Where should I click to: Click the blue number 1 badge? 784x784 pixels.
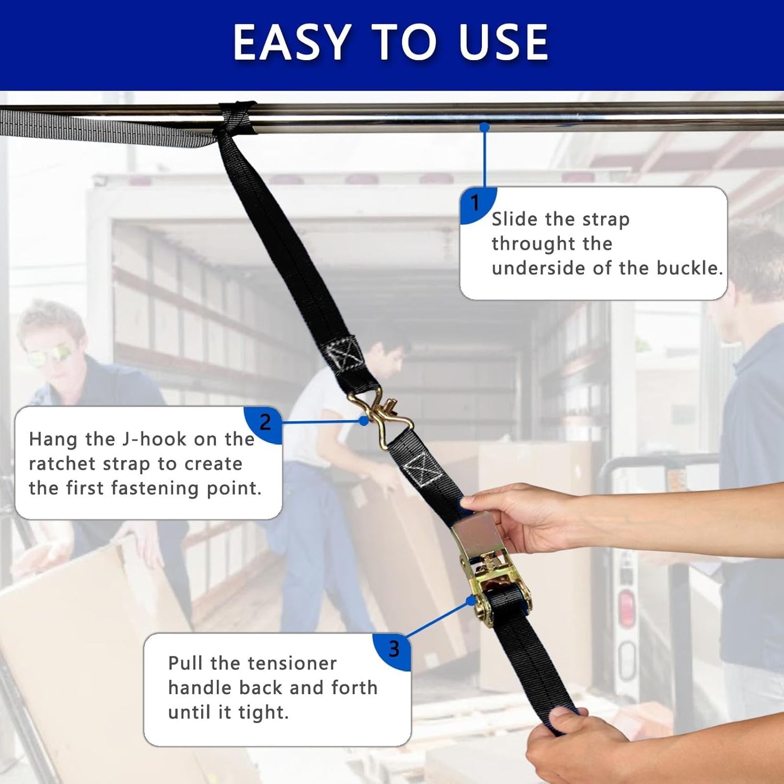pos(477,206)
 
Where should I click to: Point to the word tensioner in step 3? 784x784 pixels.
pos(292,664)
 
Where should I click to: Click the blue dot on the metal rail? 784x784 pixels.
pos(484,128)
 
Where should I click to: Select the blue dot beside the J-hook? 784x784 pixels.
pos(364,421)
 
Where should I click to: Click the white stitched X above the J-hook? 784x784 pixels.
pos(346,354)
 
